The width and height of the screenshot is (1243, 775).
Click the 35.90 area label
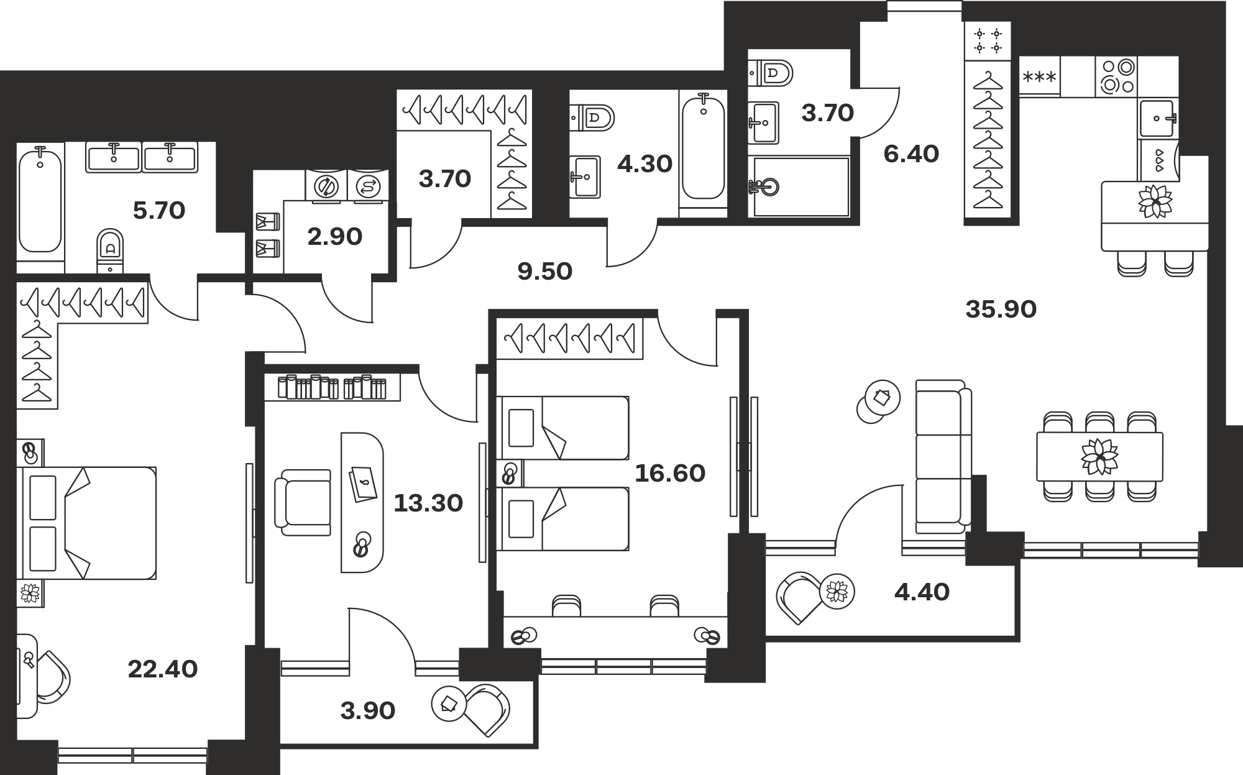1001,309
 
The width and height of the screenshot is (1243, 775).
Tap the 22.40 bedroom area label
163,669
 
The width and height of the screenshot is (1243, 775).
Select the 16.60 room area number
670,474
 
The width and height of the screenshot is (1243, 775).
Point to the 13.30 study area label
428,503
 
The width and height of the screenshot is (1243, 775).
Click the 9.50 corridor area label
545,272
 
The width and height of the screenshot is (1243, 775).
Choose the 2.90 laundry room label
335,237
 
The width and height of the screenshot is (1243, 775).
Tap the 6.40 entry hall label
911,154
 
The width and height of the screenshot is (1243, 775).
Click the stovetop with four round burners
1117,76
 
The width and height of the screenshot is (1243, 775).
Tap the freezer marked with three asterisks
1039,76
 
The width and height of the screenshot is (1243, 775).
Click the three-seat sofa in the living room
943,457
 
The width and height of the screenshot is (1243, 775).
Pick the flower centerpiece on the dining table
1100,457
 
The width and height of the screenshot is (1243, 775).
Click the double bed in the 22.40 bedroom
89,523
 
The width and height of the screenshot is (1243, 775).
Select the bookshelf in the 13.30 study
332,387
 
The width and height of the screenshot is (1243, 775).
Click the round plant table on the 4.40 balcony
837,591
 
